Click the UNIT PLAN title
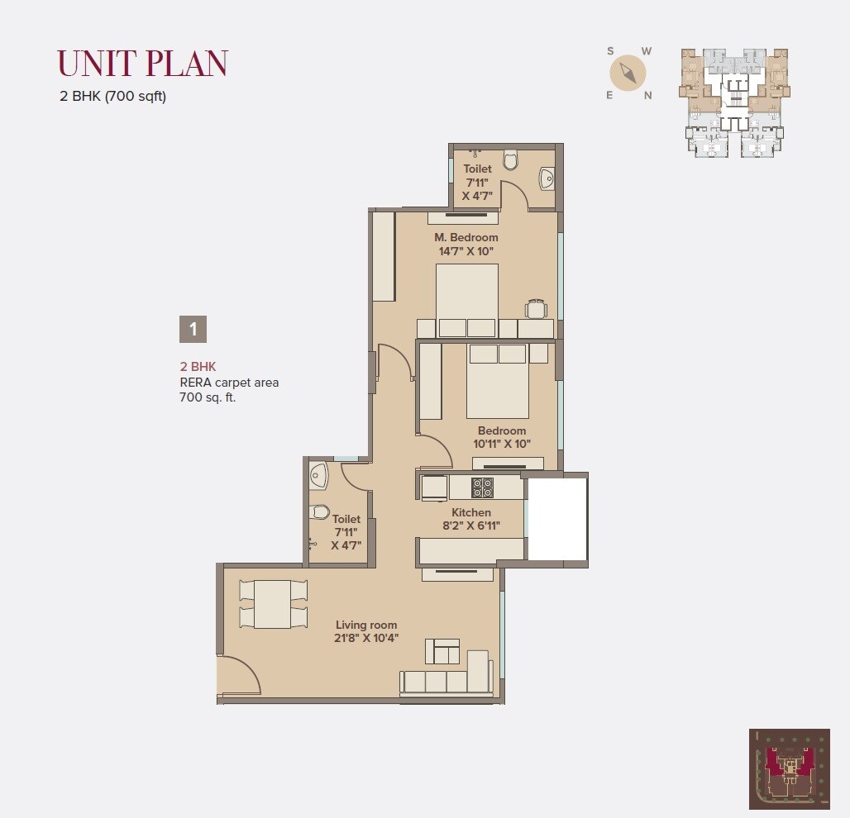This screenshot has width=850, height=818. pyautogui.click(x=142, y=64)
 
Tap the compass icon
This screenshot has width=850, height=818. pyautogui.click(x=628, y=74)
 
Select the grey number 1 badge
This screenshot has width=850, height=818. pyautogui.click(x=193, y=329)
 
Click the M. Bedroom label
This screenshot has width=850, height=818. pyautogui.click(x=467, y=238)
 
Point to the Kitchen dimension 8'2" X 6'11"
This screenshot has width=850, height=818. pyautogui.click(x=471, y=525)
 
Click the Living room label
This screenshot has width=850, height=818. pyautogui.click(x=366, y=625)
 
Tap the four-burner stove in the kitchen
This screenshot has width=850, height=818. pyautogui.click(x=482, y=487)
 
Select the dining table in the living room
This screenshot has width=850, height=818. pyautogui.click(x=272, y=604)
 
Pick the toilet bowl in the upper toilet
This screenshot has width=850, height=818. pyautogui.click(x=510, y=159)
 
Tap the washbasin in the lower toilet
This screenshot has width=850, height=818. pyautogui.click(x=318, y=474)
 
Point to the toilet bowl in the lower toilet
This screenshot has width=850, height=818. pyautogui.click(x=320, y=512)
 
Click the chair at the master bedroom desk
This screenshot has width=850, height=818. pyautogui.click(x=537, y=308)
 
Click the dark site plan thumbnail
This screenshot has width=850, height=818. pyautogui.click(x=789, y=768)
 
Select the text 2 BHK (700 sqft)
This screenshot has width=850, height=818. pyautogui.click(x=113, y=96)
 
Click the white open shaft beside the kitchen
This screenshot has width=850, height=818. pyautogui.click(x=556, y=518)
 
